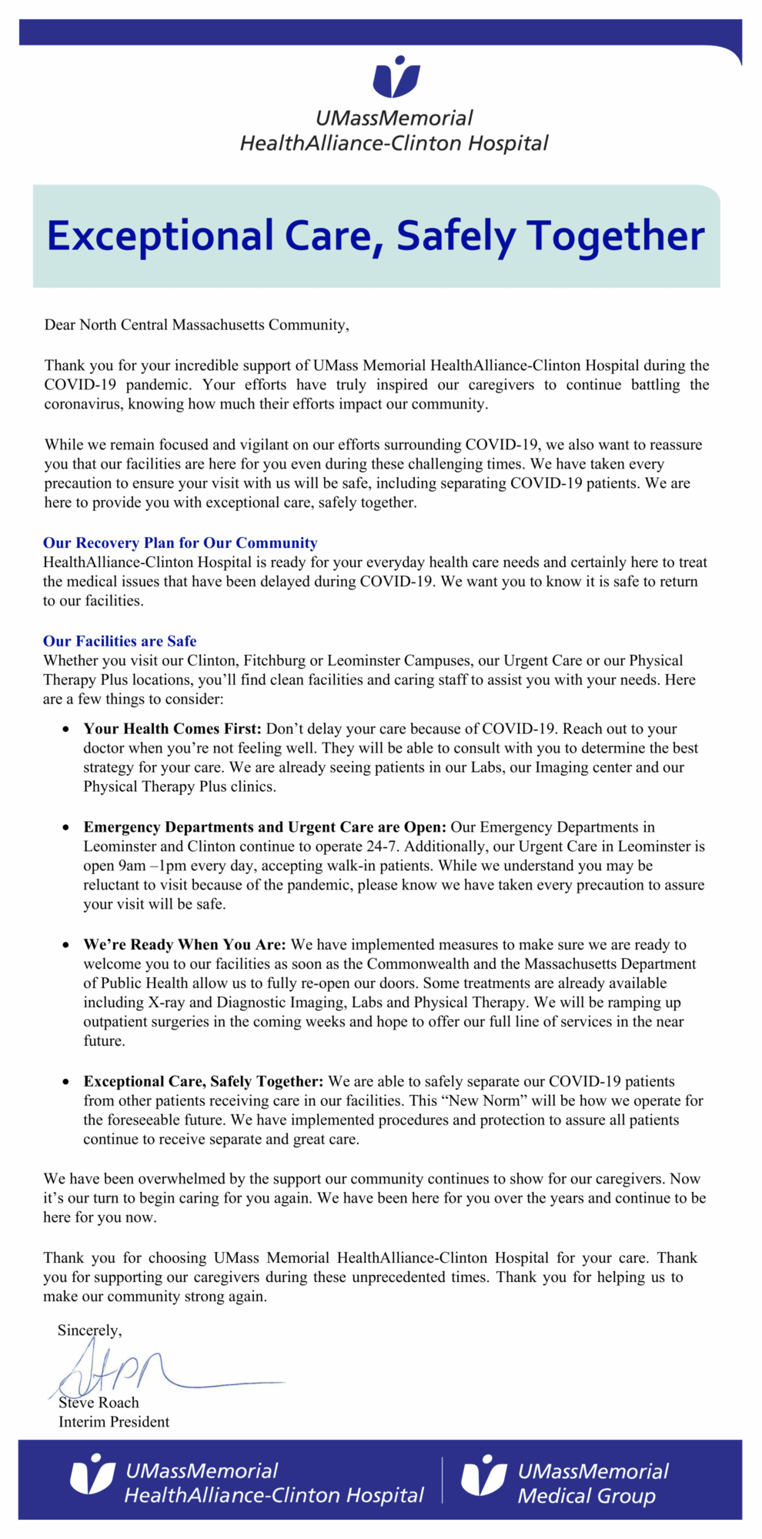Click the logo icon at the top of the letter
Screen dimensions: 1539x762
pos(396,77)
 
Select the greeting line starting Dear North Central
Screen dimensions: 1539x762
pos(196,325)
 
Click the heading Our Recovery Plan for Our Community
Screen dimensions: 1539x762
pos(180,543)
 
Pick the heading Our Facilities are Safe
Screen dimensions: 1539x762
pos(120,641)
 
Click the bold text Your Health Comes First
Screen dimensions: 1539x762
pos(172,729)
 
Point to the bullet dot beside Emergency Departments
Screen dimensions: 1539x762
pos(66,827)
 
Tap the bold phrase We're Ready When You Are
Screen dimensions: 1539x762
pos(185,944)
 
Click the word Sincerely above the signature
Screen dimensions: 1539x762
pos(89,1330)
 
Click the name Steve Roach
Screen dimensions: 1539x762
pos(99,1403)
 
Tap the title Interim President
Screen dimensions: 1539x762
pos(114,1422)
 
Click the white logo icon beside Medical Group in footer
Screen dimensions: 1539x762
pos(483,1475)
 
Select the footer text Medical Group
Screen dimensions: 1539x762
pos(587,1496)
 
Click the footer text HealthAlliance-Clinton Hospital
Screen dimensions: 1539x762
pos(274,1495)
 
